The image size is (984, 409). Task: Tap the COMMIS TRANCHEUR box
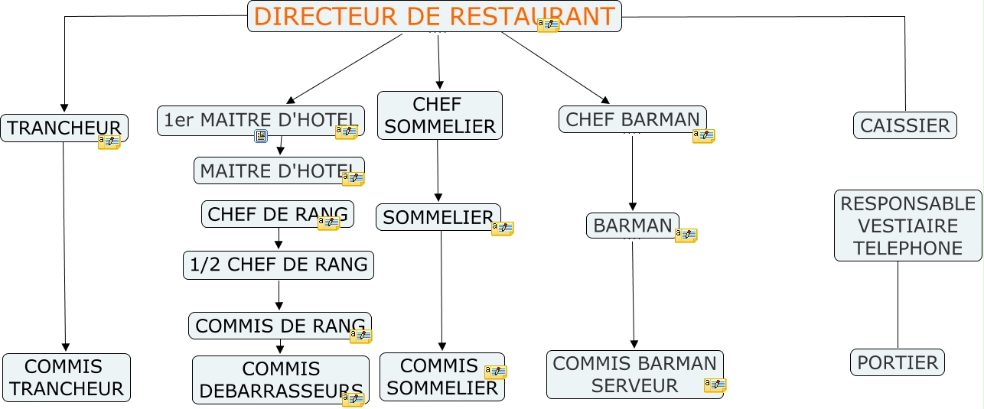click(x=67, y=378)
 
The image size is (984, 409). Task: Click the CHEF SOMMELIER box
click(x=440, y=115)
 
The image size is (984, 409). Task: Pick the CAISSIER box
click(x=904, y=125)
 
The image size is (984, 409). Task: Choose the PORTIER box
click(x=898, y=362)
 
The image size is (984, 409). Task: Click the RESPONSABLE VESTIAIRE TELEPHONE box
click(x=907, y=226)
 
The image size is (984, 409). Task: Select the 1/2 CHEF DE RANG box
click(x=279, y=265)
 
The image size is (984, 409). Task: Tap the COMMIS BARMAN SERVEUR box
click(x=634, y=374)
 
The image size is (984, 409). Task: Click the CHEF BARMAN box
click(x=632, y=119)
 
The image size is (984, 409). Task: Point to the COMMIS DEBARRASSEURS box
click(x=280, y=380)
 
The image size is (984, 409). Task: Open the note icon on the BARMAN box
click(x=686, y=235)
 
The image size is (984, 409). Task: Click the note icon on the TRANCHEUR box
click(x=109, y=141)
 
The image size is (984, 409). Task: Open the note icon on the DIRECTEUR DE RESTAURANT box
click(x=548, y=25)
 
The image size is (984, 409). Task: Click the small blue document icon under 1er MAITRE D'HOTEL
click(x=261, y=137)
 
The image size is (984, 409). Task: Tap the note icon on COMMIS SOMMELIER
click(x=495, y=372)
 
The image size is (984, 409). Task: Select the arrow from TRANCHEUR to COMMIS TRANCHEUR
click(x=64, y=245)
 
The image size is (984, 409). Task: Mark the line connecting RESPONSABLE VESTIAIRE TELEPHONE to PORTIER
click(x=898, y=306)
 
